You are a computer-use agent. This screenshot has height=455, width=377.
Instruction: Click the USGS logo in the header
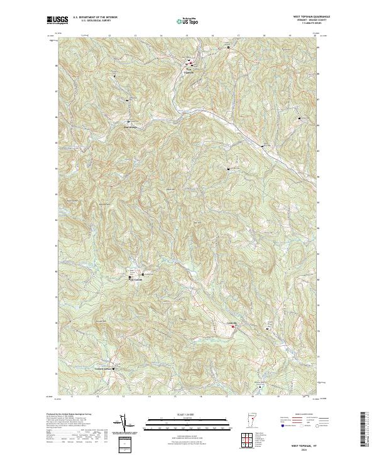pyautogui.click(x=58, y=21)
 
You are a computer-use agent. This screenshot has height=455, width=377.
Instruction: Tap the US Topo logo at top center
pyautogui.click(x=188, y=21)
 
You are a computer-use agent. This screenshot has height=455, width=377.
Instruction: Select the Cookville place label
pyautogui.click(x=231, y=322)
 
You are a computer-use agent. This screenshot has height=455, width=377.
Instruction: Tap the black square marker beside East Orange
pyautogui.click(x=129, y=121)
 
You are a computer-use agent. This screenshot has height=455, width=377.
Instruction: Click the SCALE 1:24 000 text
pyautogui.click(x=188, y=415)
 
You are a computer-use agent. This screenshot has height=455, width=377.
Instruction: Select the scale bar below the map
pyautogui.click(x=188, y=423)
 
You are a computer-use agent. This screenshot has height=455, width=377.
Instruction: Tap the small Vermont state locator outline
pyautogui.click(x=247, y=421)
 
